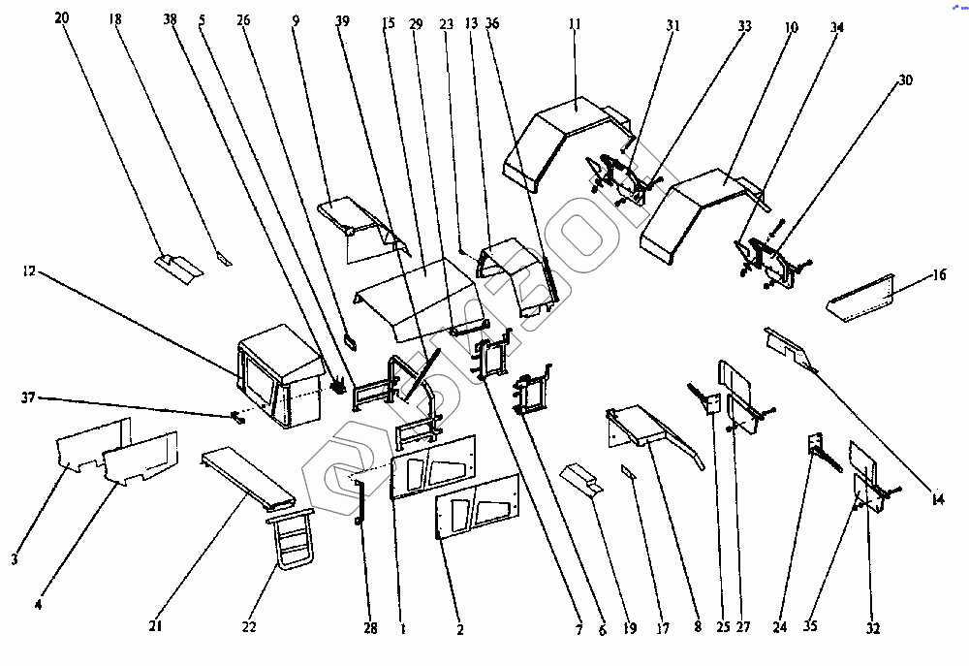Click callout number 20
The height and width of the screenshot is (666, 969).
click(62, 18)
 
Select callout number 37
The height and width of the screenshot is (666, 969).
click(29, 397)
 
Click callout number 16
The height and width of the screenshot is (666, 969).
click(939, 274)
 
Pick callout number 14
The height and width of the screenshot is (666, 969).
click(935, 500)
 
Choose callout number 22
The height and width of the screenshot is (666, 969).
click(249, 628)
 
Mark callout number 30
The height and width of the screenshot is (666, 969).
click(905, 80)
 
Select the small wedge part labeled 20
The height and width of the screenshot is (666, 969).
click(177, 264)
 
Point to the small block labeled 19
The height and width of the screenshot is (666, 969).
click(581, 479)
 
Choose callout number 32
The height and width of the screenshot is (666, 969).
click(873, 628)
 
